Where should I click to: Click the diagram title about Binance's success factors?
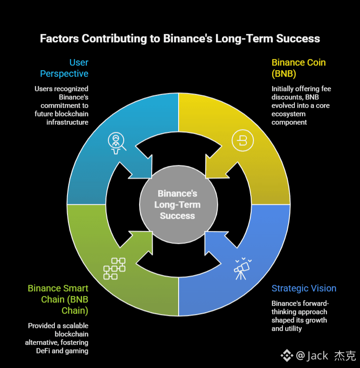(180, 38)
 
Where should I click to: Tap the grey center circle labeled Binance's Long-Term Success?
(178, 204)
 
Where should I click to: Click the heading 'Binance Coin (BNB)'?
(299, 68)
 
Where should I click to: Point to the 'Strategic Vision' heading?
(304, 289)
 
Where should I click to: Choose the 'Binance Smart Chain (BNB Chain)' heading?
(58, 299)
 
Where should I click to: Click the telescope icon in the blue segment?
(241, 269)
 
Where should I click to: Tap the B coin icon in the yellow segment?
(241, 141)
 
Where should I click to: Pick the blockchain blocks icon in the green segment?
(114, 268)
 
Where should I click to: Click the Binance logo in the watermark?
(287, 356)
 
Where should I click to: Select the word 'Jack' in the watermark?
(318, 356)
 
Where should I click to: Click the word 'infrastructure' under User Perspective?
(67, 123)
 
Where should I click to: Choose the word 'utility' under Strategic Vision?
(293, 329)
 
